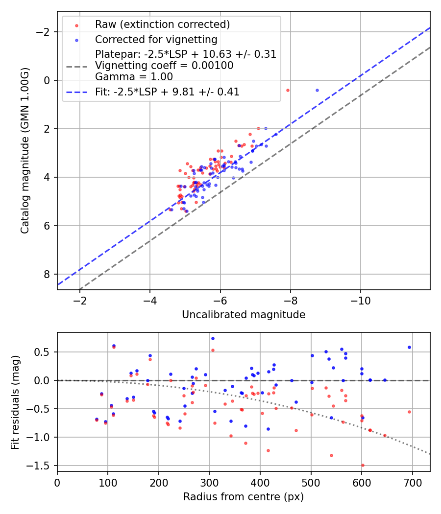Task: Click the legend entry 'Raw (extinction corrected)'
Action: (x=162, y=24)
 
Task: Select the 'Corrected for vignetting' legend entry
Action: (x=156, y=39)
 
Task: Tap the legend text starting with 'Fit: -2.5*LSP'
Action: (x=167, y=92)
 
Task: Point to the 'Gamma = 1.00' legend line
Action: (x=134, y=76)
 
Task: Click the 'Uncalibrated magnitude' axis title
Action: (x=244, y=315)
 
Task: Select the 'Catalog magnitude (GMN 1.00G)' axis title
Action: (x=25, y=150)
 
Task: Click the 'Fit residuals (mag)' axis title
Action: (x=16, y=402)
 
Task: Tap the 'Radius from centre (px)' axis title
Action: (x=244, y=497)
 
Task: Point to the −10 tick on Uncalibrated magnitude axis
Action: (x=361, y=300)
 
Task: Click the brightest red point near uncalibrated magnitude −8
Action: (x=288, y=90)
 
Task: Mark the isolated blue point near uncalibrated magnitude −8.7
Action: (x=317, y=90)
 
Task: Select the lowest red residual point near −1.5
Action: (x=363, y=465)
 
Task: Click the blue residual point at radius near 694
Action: (x=409, y=347)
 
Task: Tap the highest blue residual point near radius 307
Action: (x=213, y=338)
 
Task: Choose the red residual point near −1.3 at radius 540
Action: (x=331, y=455)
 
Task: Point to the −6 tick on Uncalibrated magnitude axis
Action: (x=220, y=300)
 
